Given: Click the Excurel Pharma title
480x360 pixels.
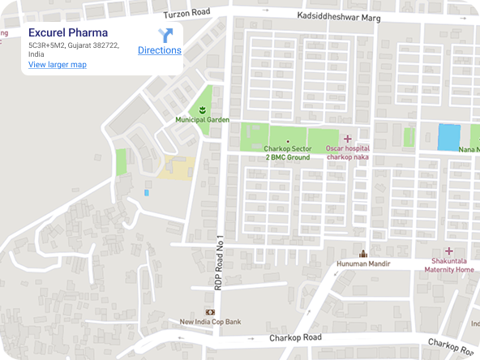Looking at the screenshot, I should click(68, 32).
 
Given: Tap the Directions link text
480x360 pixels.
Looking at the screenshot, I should click(159, 50).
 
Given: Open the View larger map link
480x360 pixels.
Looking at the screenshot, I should click(57, 64).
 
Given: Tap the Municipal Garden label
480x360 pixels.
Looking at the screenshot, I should click(203, 120).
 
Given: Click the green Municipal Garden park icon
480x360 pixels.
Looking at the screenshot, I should click(203, 108).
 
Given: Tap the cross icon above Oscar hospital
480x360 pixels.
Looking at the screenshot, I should click(348, 139).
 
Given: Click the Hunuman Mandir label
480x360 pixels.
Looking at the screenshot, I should click(364, 264).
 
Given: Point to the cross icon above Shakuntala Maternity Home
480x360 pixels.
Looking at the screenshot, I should click(448, 252).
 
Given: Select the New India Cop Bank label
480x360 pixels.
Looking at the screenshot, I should click(210, 322).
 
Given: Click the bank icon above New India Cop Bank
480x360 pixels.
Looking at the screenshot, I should click(210, 311).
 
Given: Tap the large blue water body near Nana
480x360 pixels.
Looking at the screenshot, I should click(448, 137).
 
